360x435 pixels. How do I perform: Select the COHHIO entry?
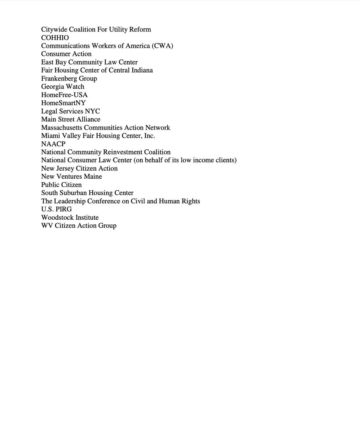pyautogui.click(x=55, y=38)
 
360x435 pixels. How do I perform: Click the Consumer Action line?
pyautogui.click(x=66, y=54)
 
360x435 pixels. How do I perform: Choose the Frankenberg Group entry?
pyautogui.click(x=69, y=79)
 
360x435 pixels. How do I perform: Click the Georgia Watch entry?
pyautogui.click(x=62, y=87)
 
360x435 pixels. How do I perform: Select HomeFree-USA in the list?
pyautogui.click(x=64, y=95)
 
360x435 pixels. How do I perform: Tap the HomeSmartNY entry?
pyautogui.click(x=63, y=103)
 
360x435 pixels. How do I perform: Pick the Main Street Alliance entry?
pyautogui.click(x=70, y=119)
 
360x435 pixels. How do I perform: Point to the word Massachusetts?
pyautogui.click(x=61, y=128)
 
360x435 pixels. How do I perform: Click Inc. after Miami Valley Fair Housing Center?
pyautogui.click(x=149, y=136)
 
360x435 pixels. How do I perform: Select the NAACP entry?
pyautogui.click(x=53, y=144)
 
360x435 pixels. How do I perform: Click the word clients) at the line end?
pyautogui.click(x=226, y=160)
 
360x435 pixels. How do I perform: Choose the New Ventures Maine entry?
pyautogui.click(x=71, y=177)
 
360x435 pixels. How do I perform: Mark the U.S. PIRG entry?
pyautogui.click(x=56, y=209)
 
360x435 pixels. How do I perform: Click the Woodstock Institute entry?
pyautogui.click(x=70, y=217)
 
